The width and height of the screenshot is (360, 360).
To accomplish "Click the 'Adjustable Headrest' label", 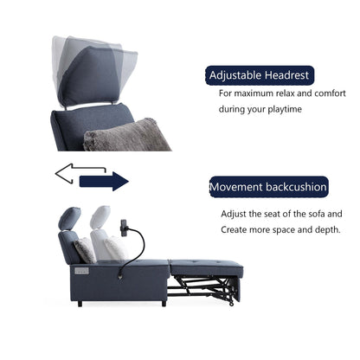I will (x=259, y=75).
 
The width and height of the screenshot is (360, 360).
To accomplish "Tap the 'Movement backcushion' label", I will (x=268, y=186).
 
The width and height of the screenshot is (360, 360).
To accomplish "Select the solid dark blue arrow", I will (x=103, y=180).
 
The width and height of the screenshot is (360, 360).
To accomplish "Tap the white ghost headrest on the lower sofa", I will (x=102, y=219).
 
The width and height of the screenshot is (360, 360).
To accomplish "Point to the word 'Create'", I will (x=235, y=229).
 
